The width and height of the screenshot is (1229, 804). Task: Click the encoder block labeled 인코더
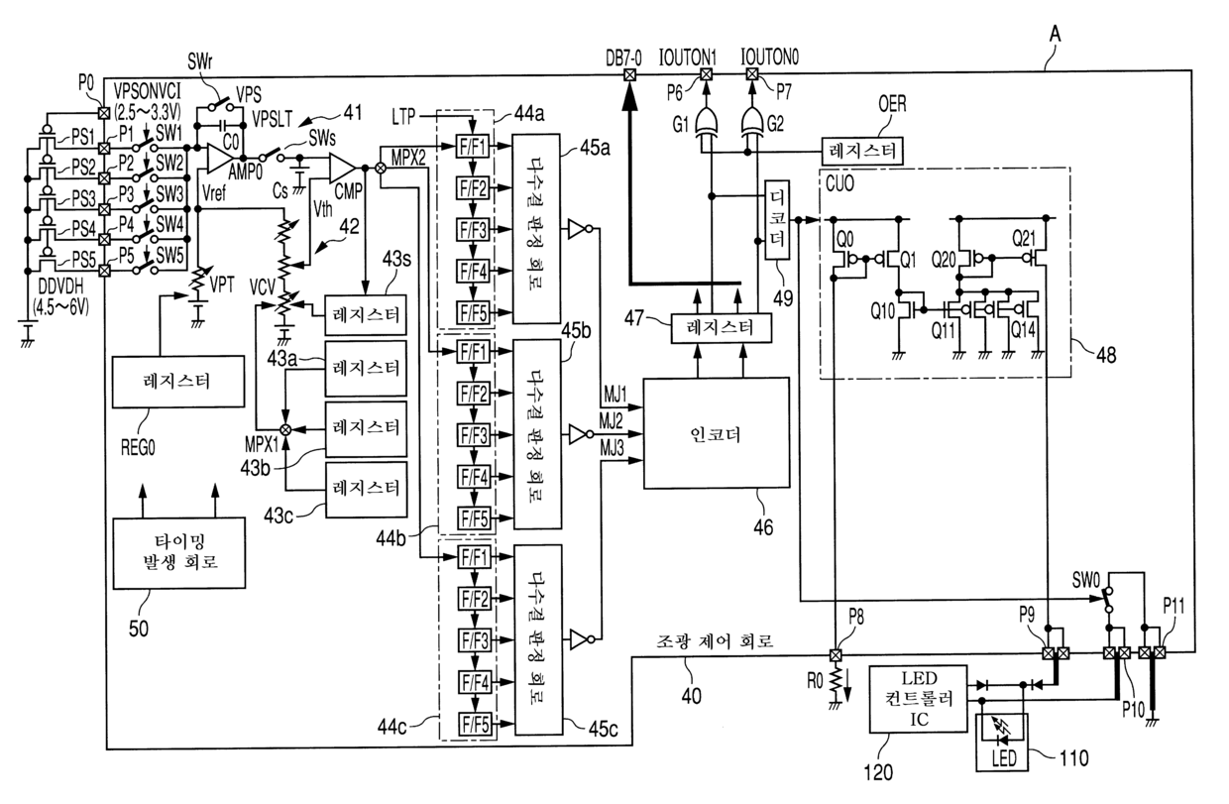[716, 433]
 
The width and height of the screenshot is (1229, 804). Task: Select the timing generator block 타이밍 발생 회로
[178, 552]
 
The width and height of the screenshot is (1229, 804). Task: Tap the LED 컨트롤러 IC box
[919, 699]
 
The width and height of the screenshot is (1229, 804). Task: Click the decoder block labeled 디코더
[777, 219]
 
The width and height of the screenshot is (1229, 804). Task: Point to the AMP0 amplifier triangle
[221, 158]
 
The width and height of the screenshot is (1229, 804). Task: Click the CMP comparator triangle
[342, 167]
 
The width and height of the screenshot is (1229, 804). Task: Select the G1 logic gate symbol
[707, 122]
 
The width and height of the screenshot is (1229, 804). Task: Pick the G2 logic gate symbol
[751, 122]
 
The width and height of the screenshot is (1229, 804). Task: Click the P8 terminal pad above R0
[835, 654]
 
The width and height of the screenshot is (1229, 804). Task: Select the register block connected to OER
[862, 151]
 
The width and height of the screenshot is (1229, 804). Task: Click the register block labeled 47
[721, 328]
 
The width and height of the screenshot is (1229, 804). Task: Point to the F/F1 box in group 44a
[473, 147]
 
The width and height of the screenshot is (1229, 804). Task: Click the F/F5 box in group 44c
[475, 725]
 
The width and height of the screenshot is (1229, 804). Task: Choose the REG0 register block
[177, 382]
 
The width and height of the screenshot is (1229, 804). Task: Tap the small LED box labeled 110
[1002, 743]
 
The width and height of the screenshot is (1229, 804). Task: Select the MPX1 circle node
[285, 429]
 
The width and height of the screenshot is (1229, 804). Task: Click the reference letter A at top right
[1055, 34]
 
